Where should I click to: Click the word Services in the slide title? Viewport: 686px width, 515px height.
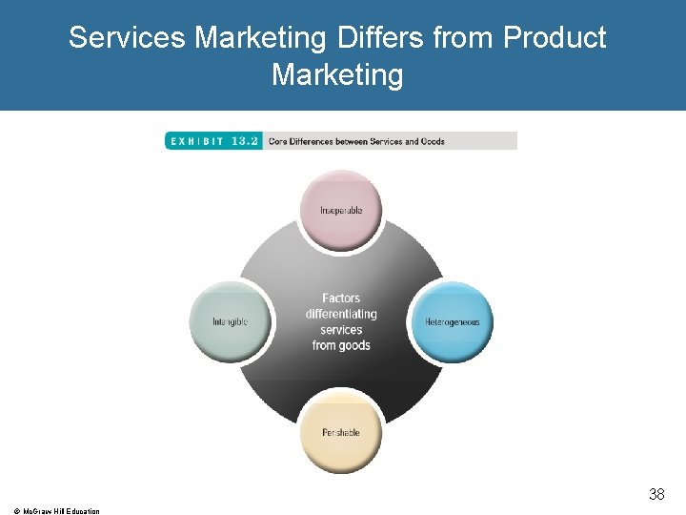[128, 38]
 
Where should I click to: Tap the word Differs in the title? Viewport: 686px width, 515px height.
[380, 38]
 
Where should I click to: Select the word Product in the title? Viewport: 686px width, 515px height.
[554, 38]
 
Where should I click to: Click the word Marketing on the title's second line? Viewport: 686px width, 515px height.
[337, 74]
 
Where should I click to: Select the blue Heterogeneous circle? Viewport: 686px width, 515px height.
[452, 322]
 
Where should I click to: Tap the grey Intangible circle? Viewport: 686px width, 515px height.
[230, 322]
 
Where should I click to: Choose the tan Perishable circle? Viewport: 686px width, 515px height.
[341, 432]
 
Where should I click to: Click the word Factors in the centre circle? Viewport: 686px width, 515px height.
[341, 299]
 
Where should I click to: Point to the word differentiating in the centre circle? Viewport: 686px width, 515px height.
[341, 314]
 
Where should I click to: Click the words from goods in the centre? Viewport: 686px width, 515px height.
[341, 345]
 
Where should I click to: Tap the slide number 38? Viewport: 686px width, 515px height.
[656, 494]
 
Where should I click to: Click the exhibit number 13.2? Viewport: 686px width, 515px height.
[244, 141]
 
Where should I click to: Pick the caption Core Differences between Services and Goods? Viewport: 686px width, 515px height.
[356, 141]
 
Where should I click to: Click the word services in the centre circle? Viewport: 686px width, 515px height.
[341, 330]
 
